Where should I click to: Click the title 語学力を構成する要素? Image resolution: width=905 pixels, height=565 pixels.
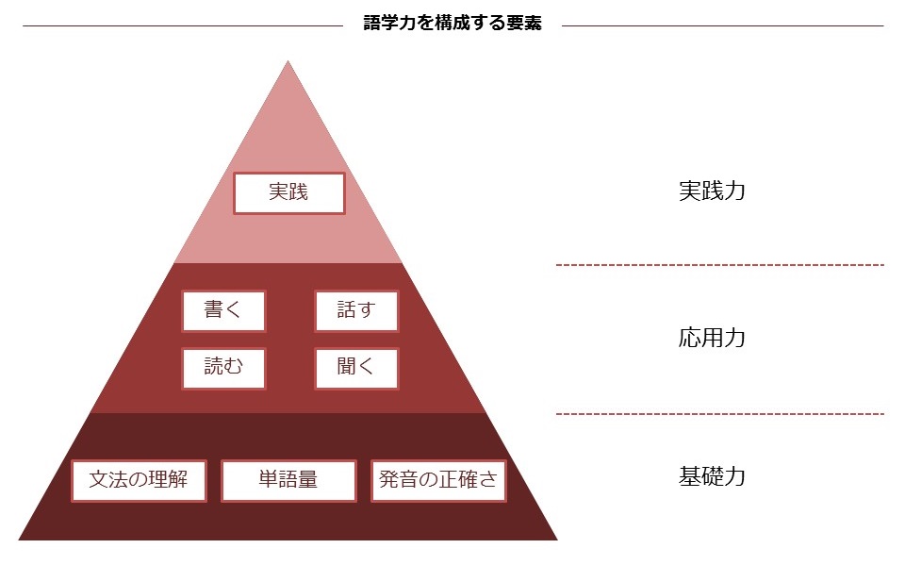click(452, 24)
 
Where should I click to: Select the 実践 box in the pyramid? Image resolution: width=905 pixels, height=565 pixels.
click(288, 192)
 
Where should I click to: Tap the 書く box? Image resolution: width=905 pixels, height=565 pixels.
click(223, 310)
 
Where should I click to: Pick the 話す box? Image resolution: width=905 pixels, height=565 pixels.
click(355, 310)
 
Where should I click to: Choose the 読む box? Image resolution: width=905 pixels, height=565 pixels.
click(223, 368)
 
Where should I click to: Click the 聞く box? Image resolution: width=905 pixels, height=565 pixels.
click(355, 368)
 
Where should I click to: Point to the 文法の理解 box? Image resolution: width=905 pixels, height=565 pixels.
click(139, 480)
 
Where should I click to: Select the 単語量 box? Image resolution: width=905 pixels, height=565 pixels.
click(288, 480)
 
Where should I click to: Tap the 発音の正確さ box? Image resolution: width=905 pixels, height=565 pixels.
click(438, 480)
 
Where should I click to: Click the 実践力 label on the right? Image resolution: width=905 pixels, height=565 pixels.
click(712, 191)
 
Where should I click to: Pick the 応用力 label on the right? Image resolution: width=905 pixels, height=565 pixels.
click(712, 338)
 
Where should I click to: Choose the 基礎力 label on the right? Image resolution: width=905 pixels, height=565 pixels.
click(712, 476)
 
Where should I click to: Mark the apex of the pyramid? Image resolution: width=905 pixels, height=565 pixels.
click(288, 63)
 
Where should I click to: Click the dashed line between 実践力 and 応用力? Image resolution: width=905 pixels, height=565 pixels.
click(719, 265)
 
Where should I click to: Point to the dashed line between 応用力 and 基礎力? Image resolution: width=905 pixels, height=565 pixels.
click(719, 413)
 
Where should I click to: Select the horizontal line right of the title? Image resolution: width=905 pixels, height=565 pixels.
click(722, 25)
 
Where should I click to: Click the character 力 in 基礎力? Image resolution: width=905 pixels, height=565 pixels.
click(734, 476)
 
